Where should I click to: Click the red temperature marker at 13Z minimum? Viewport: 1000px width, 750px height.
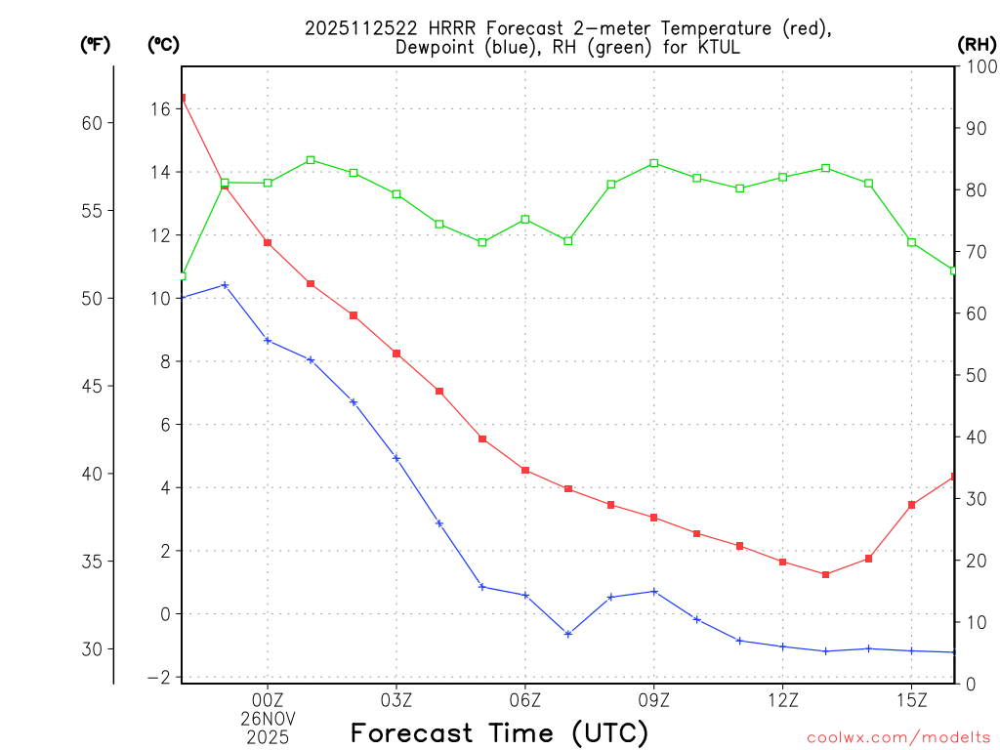point(825,574)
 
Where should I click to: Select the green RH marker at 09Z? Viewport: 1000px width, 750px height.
point(653,163)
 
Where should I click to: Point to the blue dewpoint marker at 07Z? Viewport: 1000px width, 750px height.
point(567,634)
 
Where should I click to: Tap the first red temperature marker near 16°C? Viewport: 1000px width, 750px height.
point(183,98)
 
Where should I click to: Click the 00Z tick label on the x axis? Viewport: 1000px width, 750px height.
point(268,699)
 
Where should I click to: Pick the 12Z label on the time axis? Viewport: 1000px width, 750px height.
point(782,699)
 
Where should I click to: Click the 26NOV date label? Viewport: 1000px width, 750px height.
point(268,718)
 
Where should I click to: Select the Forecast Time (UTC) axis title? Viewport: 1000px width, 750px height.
point(499,732)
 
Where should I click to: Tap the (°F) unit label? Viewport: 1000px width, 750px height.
point(96,45)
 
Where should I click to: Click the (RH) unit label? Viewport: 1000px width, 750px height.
point(976,45)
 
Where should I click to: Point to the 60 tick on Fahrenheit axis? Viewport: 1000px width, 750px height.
point(93,123)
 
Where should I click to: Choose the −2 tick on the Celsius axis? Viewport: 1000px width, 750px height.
point(158,678)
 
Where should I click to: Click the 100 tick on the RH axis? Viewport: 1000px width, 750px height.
point(978,66)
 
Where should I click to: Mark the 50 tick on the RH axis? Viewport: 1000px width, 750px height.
point(973,375)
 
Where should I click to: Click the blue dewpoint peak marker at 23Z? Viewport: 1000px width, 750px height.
point(225,285)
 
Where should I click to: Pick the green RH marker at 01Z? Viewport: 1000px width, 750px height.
point(311,160)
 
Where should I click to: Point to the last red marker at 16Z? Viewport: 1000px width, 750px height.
point(953,477)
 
